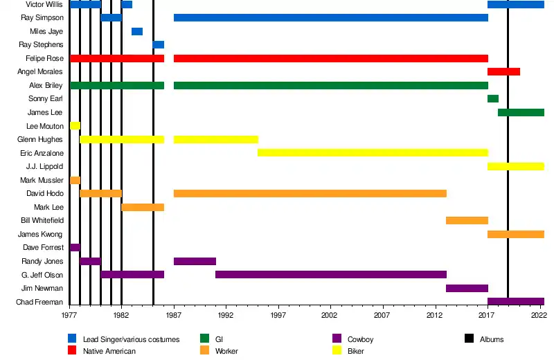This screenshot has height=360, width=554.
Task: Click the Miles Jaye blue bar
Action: click(137, 31)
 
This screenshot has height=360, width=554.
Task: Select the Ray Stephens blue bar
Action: click(159, 45)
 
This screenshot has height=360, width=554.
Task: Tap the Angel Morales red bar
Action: click(503, 72)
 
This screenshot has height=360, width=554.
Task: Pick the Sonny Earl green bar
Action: click(492, 99)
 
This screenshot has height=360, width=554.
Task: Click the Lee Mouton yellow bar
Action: click(75, 126)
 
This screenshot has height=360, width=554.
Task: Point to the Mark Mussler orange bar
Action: click(75, 180)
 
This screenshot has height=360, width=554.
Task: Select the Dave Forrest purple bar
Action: click(75, 247)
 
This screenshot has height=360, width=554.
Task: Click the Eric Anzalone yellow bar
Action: click(373, 153)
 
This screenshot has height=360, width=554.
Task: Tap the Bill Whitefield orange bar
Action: click(467, 220)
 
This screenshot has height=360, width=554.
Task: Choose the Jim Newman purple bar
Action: click(467, 288)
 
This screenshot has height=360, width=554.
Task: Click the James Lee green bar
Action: click(521, 112)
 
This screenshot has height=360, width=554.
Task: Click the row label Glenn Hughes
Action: click(40, 140)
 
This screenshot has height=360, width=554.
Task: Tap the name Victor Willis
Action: click(44, 5)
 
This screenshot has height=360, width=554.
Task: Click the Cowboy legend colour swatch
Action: click(337, 339)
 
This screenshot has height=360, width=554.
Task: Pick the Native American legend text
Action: click(109, 351)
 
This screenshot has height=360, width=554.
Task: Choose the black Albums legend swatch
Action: click(469, 339)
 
